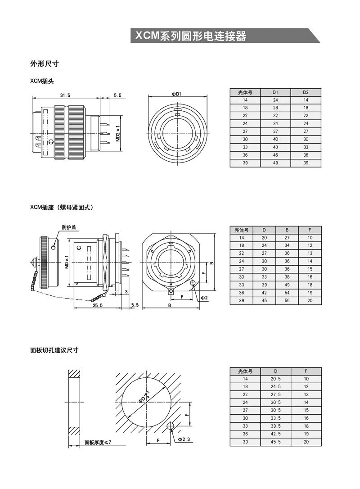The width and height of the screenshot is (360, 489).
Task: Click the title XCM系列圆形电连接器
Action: point(190,36)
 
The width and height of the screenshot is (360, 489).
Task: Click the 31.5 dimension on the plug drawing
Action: point(65,95)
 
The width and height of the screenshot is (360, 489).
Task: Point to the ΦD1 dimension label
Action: point(176,94)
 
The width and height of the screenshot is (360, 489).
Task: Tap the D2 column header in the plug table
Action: point(306,92)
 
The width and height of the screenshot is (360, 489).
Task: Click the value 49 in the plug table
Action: point(275,163)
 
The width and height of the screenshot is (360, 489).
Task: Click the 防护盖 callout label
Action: point(69,227)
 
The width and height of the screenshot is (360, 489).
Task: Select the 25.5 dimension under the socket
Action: point(97,305)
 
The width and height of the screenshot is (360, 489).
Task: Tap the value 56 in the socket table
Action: point(287,301)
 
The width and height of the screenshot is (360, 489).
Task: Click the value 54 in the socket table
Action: point(287,293)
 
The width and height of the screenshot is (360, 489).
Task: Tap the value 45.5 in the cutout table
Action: point(275,442)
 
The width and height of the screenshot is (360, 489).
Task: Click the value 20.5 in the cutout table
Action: point(275,379)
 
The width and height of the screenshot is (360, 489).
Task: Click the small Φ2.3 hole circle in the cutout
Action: point(170,426)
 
